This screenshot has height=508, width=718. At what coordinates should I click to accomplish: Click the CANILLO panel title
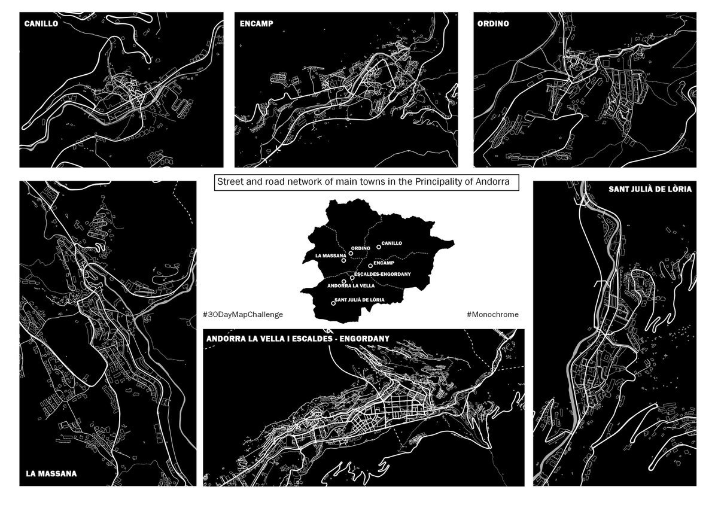[x=41, y=24]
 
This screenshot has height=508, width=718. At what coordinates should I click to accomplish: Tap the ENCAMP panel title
[x=257, y=24]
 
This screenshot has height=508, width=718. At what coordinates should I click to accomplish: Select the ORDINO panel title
[x=493, y=24]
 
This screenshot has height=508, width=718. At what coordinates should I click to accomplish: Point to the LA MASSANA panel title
[x=51, y=474]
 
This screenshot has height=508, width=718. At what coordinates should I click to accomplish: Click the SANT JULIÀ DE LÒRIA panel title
[x=650, y=189]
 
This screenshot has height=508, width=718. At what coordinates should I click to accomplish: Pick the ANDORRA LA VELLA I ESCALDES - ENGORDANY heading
[x=298, y=339]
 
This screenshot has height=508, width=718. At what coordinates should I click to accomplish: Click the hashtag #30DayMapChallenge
[x=243, y=314]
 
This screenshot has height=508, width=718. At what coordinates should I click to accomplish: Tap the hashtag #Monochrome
[x=492, y=314]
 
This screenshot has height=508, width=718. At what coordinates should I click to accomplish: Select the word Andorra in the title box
[x=492, y=182]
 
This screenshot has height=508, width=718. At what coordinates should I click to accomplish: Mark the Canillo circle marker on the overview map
[x=379, y=247]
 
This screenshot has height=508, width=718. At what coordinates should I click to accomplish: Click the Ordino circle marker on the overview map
[x=351, y=253]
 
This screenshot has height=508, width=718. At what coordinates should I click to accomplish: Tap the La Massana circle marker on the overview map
[x=343, y=260]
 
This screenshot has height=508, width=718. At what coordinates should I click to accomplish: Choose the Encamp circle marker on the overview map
[x=370, y=266]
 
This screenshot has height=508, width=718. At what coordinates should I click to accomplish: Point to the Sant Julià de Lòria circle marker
[x=333, y=303]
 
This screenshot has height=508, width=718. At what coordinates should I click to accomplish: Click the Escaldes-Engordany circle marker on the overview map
[x=352, y=278]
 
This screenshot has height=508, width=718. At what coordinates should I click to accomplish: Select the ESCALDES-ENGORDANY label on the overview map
[x=382, y=274]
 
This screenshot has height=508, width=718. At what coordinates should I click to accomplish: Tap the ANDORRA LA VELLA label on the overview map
[x=351, y=285]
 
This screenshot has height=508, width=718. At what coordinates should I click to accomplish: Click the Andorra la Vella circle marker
[x=344, y=281]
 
